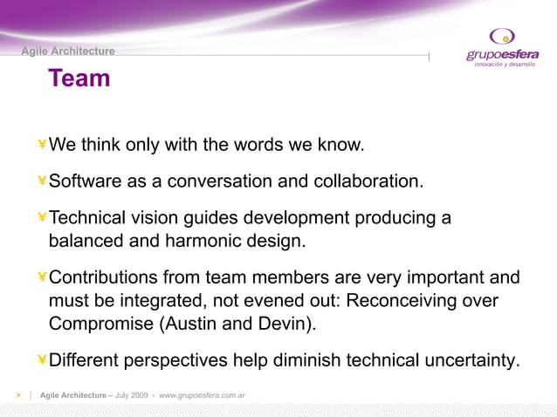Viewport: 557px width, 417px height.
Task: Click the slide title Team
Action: [x=79, y=79]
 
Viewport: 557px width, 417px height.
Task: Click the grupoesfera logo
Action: [x=502, y=49]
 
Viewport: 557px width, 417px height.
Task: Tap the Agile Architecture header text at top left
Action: [x=68, y=51]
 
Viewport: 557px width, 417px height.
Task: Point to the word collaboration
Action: [x=366, y=181]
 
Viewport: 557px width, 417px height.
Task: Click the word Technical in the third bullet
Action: [x=87, y=218]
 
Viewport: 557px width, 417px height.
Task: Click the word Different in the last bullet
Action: [x=84, y=360]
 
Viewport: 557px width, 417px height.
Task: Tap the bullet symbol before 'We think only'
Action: [x=42, y=144]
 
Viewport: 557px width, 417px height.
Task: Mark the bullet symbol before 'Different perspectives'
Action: [x=42, y=360]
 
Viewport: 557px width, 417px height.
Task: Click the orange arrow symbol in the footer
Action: [x=17, y=396]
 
